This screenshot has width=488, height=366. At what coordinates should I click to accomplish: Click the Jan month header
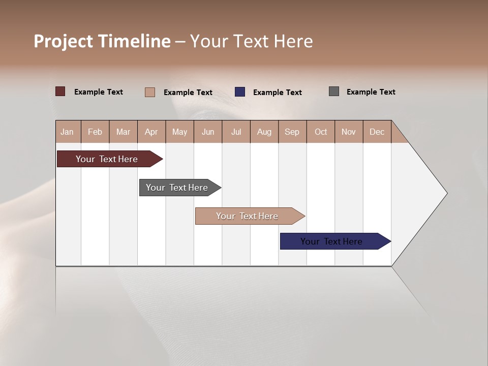pos(68,132)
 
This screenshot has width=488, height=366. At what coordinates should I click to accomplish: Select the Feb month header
pos(95,132)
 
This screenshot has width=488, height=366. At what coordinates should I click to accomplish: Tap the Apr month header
pos(151,132)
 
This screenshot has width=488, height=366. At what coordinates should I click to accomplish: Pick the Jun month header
pos(208,132)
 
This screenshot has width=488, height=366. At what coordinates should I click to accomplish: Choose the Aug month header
pos(264,132)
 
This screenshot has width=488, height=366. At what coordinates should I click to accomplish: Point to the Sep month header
pos(292,132)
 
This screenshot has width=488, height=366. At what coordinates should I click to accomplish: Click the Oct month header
pos(321,132)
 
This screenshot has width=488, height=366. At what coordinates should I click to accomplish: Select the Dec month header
pos(377,132)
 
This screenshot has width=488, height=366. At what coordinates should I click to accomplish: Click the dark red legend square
pos(60,91)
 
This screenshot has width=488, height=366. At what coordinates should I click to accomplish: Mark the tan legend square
pos(150,92)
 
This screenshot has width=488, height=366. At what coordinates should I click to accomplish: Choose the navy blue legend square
pos(240,92)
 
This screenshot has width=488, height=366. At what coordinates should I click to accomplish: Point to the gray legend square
pos(334,91)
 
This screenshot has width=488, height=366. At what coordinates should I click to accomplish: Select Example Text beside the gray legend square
pos(371,92)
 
